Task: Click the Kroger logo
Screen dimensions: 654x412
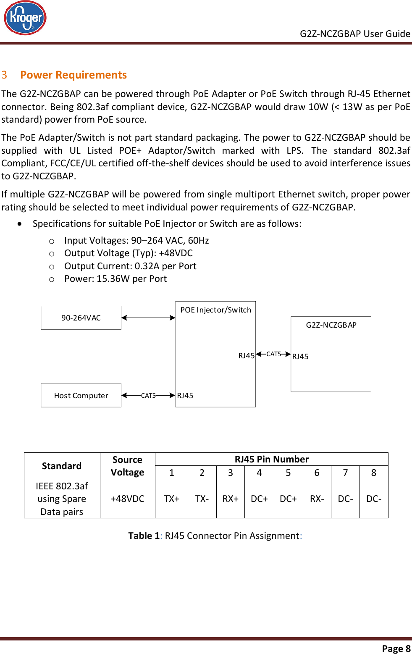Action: (25, 18)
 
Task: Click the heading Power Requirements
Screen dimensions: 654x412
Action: (73, 75)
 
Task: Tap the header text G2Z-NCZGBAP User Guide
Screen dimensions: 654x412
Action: (354, 34)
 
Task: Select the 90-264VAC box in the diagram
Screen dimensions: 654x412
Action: (81, 318)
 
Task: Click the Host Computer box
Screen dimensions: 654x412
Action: (81, 395)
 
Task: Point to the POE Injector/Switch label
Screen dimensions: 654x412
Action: (215, 310)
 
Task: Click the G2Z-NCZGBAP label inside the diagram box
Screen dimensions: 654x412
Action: (331, 325)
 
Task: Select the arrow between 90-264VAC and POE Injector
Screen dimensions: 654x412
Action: (148, 318)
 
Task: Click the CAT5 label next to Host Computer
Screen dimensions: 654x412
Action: (148, 396)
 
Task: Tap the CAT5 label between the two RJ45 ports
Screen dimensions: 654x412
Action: (273, 354)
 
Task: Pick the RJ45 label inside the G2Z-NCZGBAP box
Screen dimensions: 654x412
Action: (300, 357)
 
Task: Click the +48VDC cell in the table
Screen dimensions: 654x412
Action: (127, 499)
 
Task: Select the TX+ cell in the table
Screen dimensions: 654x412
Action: (171, 499)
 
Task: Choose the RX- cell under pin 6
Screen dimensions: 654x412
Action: (317, 499)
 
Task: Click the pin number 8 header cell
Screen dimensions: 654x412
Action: (373, 473)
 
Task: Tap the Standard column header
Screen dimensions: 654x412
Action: (62, 466)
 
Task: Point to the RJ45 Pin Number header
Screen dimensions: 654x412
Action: (271, 459)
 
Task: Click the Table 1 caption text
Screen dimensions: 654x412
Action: (215, 536)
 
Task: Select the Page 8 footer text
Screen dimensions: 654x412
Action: (396, 649)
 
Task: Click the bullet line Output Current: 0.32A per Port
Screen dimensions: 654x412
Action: (130, 266)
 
